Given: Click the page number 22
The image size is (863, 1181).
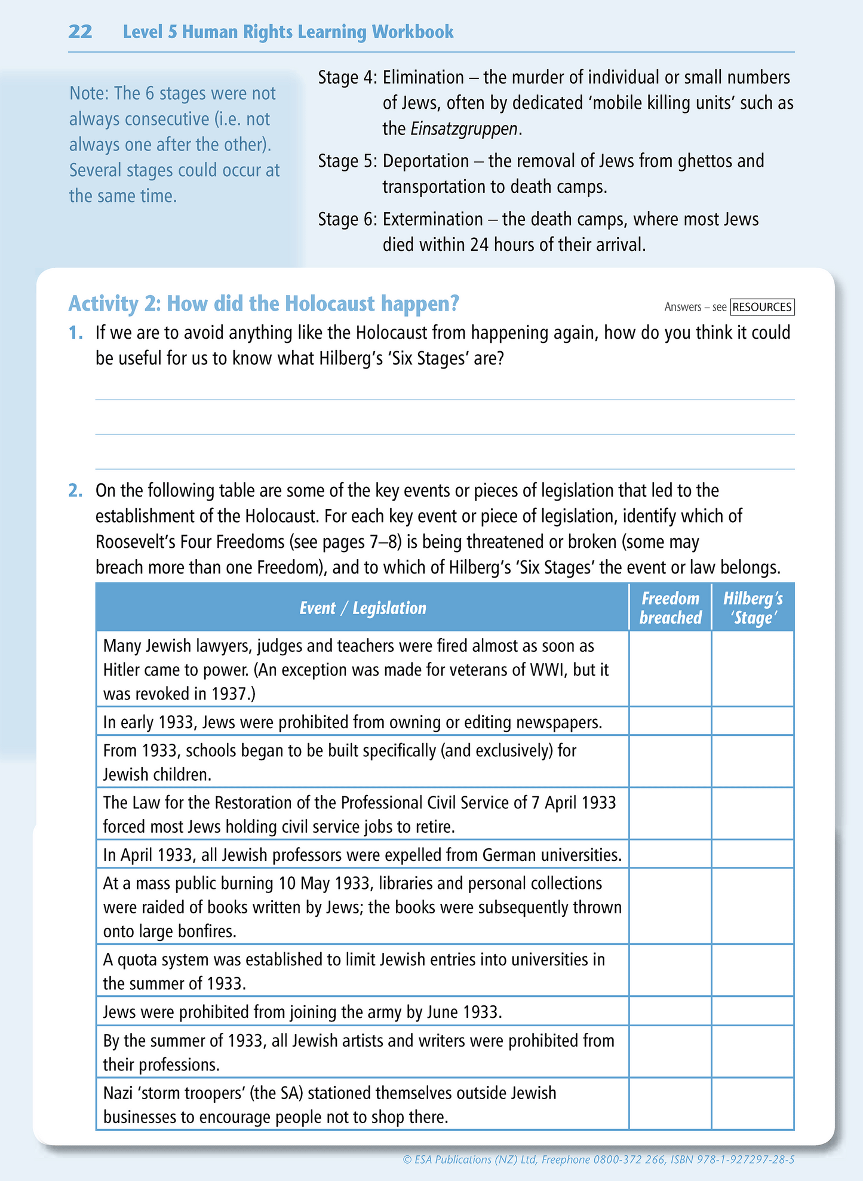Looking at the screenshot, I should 80,32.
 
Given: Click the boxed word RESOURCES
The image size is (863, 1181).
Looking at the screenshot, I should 762,307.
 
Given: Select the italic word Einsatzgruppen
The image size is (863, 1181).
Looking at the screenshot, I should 464,129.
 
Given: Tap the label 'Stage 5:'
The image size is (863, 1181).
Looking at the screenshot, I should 348,161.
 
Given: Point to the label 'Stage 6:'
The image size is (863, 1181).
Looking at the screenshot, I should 348,219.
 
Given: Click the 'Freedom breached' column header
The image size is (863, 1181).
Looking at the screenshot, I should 670,608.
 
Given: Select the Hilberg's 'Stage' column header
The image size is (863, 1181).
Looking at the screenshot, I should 753,608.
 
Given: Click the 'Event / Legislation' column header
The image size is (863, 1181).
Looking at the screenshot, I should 363,608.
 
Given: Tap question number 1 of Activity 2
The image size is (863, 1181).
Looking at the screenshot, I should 75,333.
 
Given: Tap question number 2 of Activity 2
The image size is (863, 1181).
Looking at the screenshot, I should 75,490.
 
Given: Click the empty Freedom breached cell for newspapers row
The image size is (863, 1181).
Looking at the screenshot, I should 670,722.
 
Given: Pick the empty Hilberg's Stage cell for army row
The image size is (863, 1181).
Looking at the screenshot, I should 753,1011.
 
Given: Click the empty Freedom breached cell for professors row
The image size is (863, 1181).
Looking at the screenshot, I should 670,854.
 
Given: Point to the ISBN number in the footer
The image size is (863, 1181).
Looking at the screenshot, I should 753,1160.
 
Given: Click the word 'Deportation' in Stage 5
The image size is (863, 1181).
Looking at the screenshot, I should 426,161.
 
